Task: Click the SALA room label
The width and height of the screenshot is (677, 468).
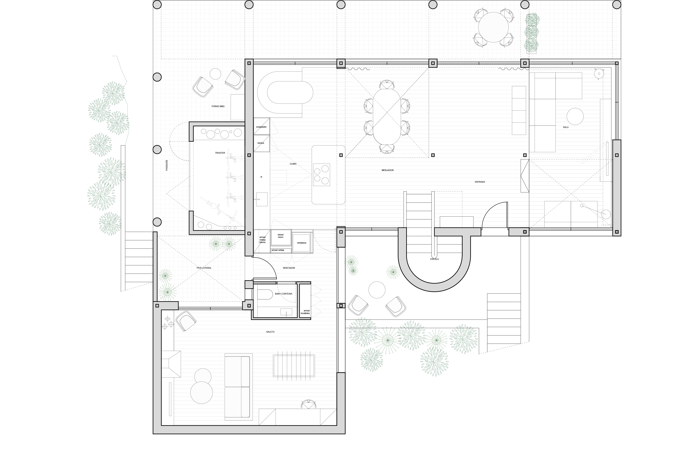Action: [x=566, y=127]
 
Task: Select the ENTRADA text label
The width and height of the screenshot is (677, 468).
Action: [x=480, y=182]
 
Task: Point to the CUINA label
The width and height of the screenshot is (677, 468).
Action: [x=293, y=164]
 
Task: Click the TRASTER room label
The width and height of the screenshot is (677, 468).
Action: [x=220, y=153]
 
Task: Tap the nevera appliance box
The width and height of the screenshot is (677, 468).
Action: [x=261, y=143]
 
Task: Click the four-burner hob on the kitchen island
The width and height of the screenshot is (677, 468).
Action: [x=321, y=175]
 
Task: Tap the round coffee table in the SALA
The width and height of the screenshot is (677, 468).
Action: [x=575, y=116]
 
